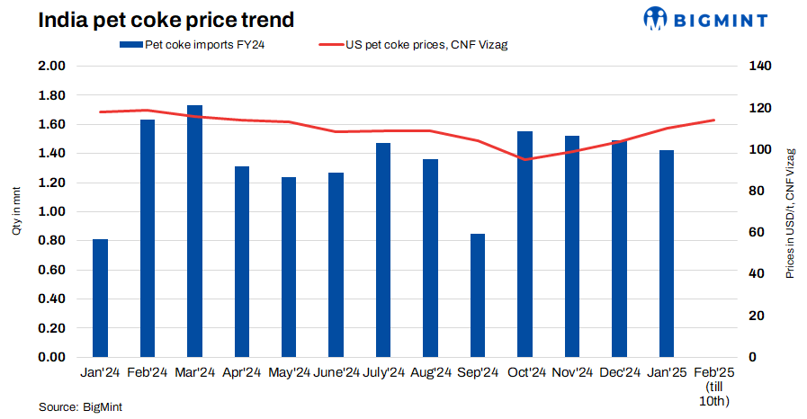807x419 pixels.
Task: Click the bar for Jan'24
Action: pos(101,298)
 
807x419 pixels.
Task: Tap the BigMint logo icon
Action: pos(656,18)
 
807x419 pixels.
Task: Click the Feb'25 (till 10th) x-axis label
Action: pos(714,386)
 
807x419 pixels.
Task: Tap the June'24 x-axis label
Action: pos(336,372)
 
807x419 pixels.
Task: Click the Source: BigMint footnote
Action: pos(80,407)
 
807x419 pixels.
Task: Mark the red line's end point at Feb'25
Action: pos(714,120)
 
